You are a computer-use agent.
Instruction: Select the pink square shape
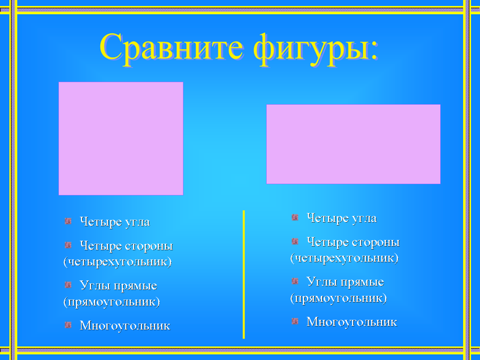[x=121, y=138]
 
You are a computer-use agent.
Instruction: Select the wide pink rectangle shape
[x=353, y=144]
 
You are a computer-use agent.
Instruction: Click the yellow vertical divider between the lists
[x=244, y=274]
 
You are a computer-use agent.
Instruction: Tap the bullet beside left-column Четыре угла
[x=68, y=221]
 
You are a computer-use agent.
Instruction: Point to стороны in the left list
[x=149, y=246]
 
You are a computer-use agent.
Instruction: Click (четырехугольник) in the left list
[x=118, y=262]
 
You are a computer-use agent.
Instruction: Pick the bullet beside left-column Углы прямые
[x=68, y=285]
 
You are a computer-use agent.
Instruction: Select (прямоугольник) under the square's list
[x=112, y=302]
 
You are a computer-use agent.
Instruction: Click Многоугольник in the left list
[x=125, y=326]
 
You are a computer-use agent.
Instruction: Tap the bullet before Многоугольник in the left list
[x=68, y=325]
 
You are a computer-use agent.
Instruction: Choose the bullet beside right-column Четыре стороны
[x=295, y=241]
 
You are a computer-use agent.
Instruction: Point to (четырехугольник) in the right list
[x=344, y=258]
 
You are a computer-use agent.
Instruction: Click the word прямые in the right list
[x=362, y=282]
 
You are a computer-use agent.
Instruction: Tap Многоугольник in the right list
[x=352, y=322]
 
